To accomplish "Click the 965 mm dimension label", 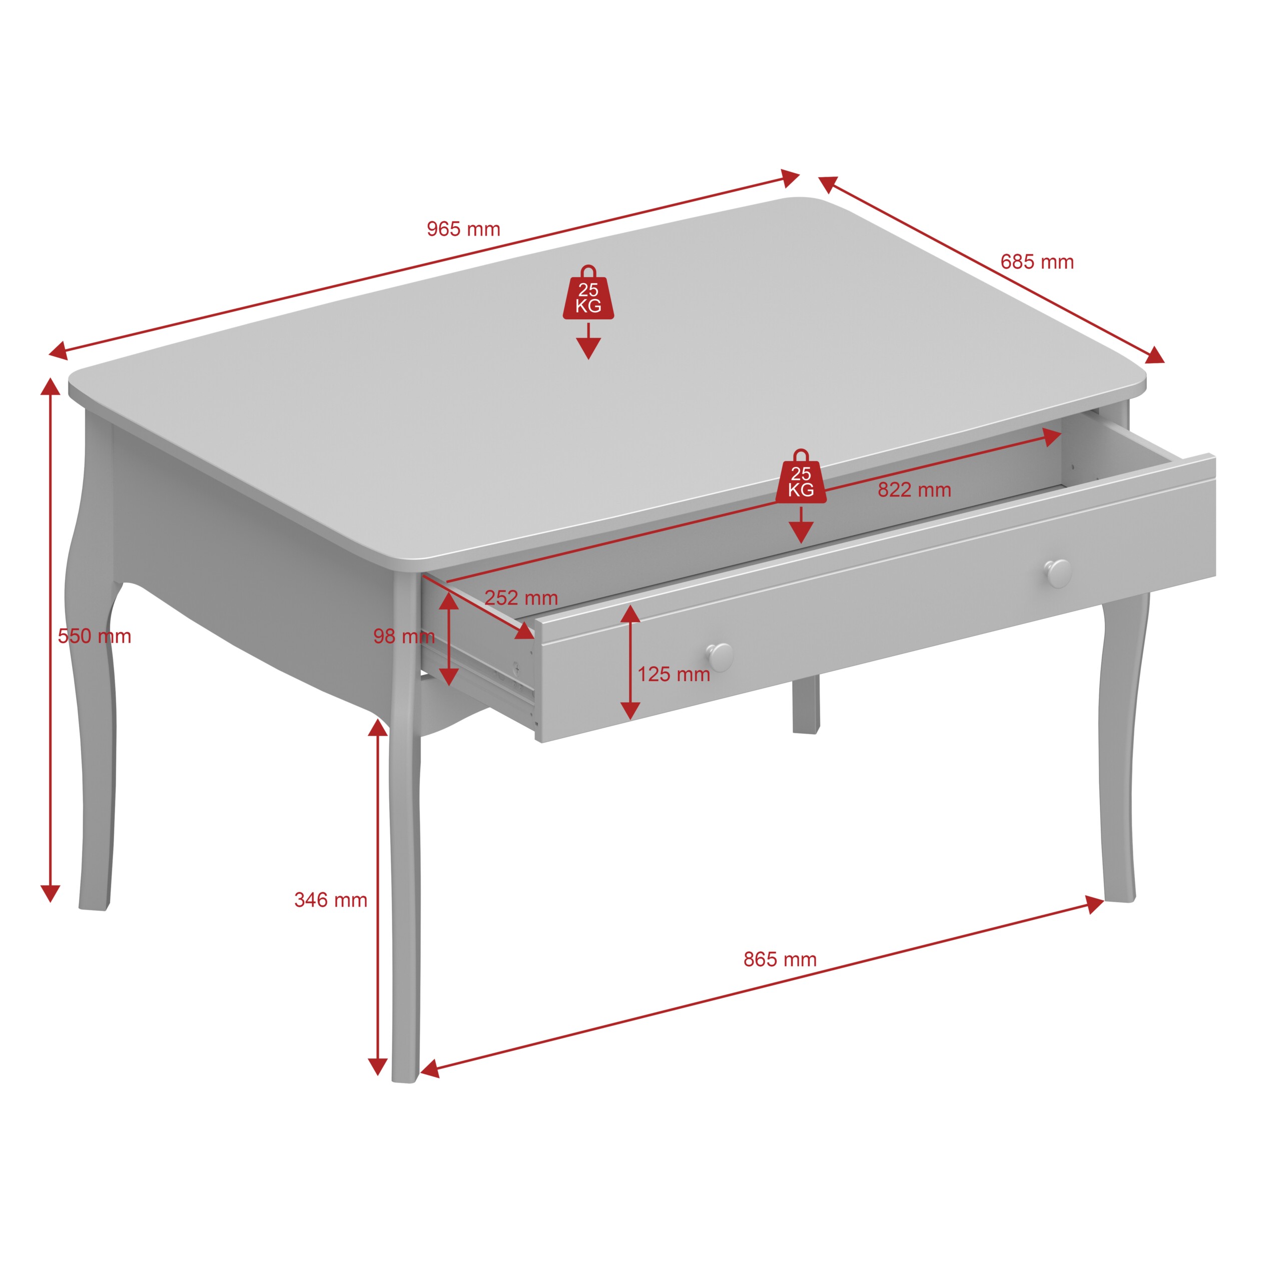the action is (463, 229).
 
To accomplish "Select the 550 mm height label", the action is (94, 636).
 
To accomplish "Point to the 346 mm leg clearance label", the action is (331, 900).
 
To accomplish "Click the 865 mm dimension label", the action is (780, 959).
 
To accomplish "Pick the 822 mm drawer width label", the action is (914, 490).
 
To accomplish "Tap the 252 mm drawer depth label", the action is (521, 598).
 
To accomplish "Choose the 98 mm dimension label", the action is (404, 636).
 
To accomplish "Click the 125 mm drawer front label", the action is (674, 675).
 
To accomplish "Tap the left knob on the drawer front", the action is (720, 657).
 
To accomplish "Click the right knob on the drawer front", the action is (1058, 573).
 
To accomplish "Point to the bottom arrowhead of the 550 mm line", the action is (51, 894).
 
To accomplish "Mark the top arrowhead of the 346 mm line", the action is (378, 728).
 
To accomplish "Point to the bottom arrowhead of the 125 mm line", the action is (630, 711).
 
